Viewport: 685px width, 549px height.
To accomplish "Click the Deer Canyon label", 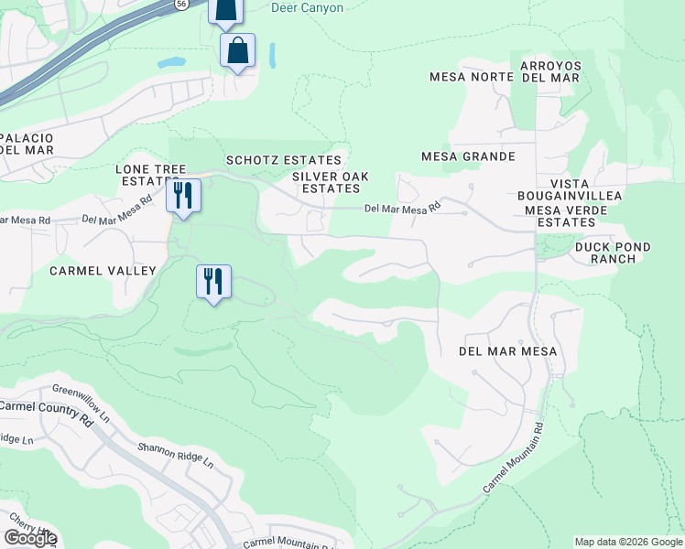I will tap(308, 8).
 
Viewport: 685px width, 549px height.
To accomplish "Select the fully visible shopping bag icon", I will tap(237, 51).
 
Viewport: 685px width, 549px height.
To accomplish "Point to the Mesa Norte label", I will tap(471, 77).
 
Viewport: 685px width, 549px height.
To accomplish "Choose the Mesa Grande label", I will tap(468, 156).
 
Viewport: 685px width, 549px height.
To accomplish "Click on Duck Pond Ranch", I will tap(613, 253).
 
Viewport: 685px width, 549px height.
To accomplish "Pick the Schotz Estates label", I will tap(283, 160).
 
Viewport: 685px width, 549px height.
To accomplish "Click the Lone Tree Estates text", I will tap(150, 176).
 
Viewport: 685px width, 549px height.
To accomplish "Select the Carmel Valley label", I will tap(103, 270).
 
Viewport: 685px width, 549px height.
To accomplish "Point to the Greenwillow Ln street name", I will tap(82, 403).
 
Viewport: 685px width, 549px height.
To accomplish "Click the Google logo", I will tap(29, 538).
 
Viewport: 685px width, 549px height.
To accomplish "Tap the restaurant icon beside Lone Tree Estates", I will tap(183, 196).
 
